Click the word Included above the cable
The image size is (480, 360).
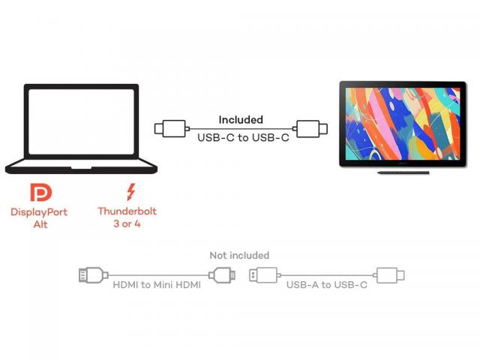[241, 119]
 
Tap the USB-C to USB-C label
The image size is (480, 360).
[242, 138]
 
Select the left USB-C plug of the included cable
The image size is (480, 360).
[169, 128]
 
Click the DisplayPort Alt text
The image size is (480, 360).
[40, 218]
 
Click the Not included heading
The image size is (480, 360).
[239, 256]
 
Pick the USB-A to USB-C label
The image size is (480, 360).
[326, 286]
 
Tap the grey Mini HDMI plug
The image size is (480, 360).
[222, 275]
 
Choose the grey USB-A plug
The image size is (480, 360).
[263, 275]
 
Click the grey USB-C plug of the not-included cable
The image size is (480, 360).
[390, 275]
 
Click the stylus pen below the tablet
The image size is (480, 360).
[403, 172]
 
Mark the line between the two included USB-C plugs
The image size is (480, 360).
[240, 128]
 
